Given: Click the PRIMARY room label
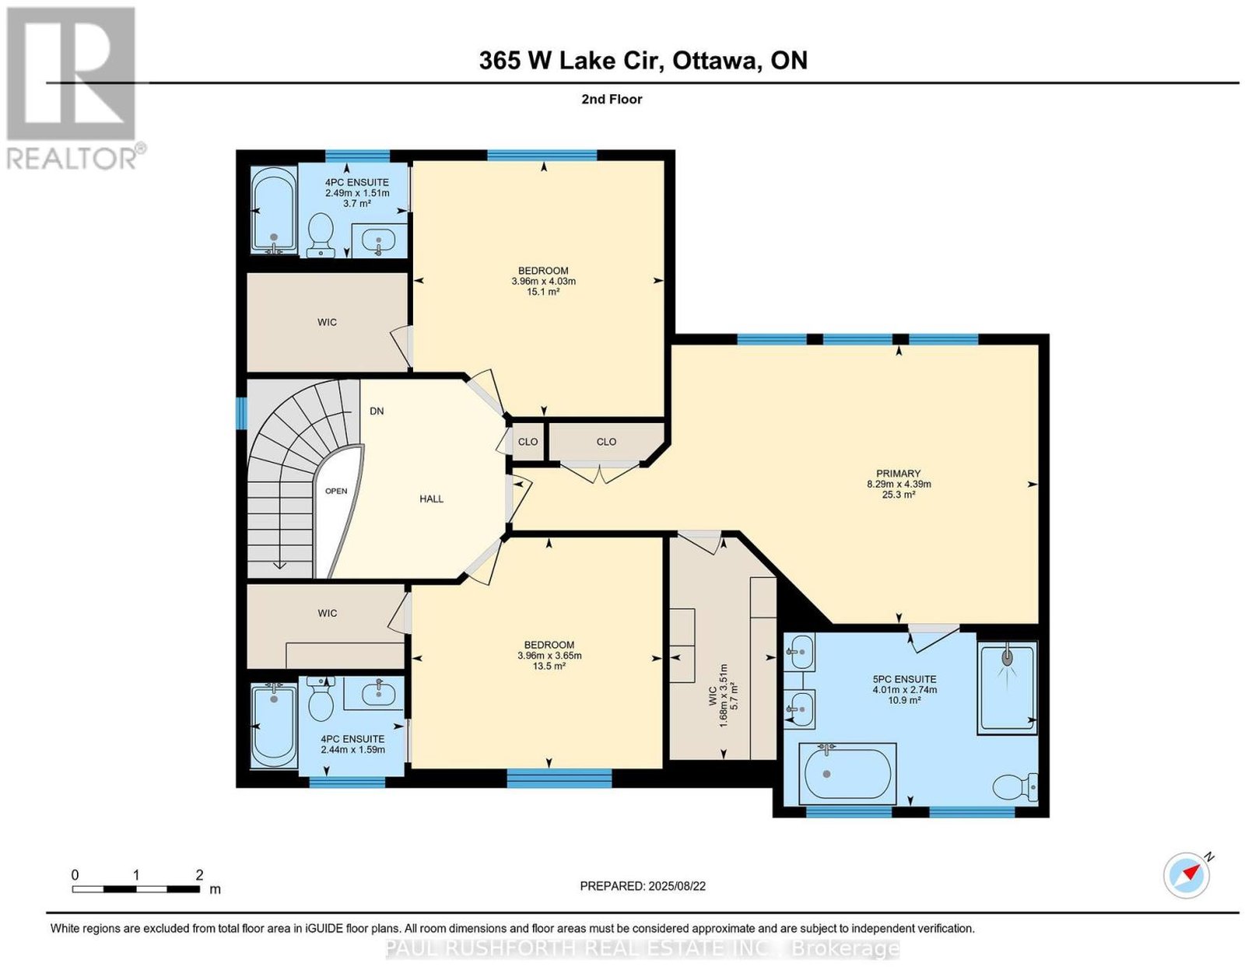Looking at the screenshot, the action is click(898, 473).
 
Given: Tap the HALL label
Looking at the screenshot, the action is click(431, 499).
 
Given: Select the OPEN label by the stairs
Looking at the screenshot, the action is click(335, 491).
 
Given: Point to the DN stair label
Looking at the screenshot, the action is click(377, 411).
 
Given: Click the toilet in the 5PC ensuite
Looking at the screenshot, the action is click(1014, 787).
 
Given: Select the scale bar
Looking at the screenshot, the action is click(135, 889).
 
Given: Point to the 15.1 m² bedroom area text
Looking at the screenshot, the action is click(543, 292).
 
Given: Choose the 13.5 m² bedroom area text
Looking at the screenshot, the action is click(549, 667).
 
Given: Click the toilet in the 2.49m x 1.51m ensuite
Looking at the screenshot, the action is click(320, 236).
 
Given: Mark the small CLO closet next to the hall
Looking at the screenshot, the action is click(528, 441).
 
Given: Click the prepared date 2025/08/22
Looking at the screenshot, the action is click(643, 886).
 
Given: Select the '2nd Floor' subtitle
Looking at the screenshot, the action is click(612, 99).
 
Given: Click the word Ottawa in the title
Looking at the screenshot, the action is click(715, 61).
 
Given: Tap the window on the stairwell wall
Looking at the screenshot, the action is click(241, 413).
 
